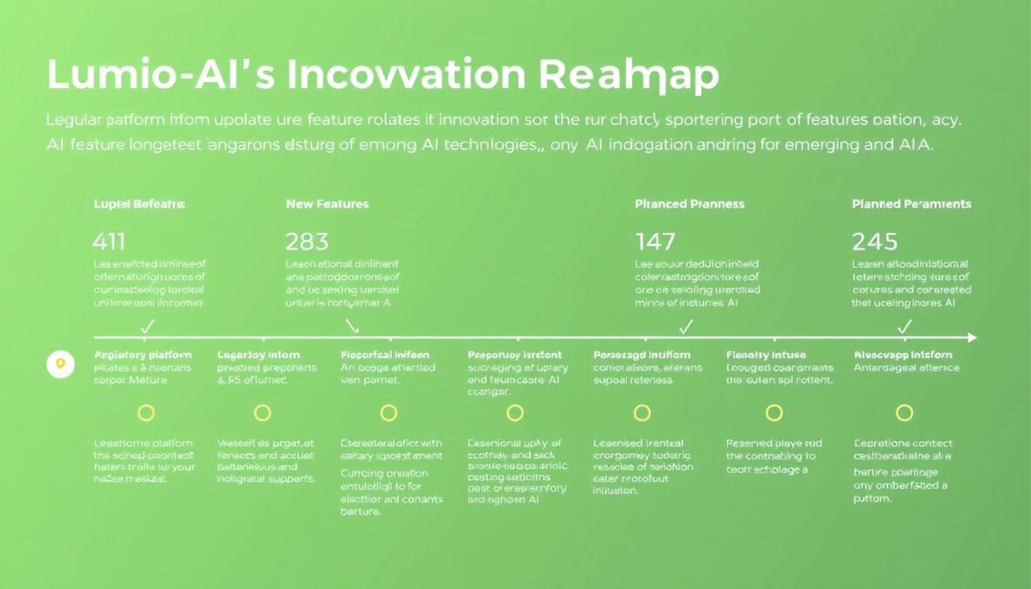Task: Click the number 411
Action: [110, 242]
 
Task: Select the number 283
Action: [306, 242]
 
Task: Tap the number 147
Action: [656, 242]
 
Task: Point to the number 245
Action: [876, 242]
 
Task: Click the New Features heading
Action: [327, 204]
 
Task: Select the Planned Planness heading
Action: [690, 204]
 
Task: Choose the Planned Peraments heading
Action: [911, 204]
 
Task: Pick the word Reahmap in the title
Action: [629, 76]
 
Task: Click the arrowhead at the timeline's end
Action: [973, 338]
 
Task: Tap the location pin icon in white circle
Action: [59, 364]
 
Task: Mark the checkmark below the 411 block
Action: [148, 327]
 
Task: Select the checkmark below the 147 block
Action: [686, 327]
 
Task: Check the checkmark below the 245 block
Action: [905, 327]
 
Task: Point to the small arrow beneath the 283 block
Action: [352, 326]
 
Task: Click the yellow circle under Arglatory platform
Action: [147, 413]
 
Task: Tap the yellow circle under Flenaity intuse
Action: [774, 413]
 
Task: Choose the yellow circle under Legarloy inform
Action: [262, 413]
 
